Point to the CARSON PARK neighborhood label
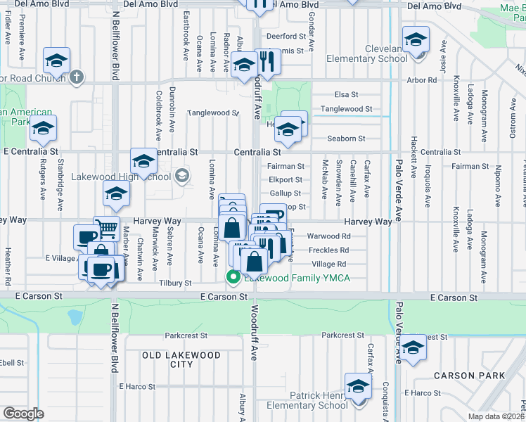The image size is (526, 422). [469, 376]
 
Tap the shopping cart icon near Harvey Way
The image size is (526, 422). [106, 228]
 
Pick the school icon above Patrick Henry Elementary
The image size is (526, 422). [358, 386]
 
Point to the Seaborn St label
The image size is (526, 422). [349, 139]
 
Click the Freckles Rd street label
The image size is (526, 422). [330, 250]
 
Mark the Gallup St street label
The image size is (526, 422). [285, 193]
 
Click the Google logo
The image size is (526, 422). [23, 414]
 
